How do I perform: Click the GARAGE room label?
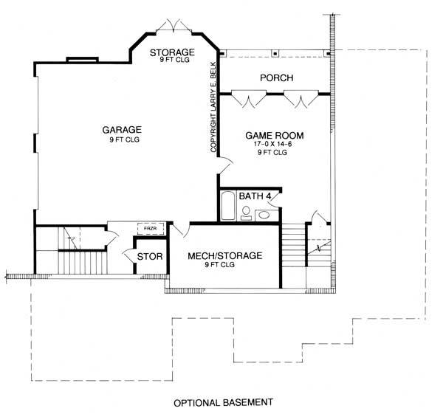click(122, 128)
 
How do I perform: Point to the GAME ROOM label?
click(274, 136)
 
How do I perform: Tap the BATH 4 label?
click(256, 196)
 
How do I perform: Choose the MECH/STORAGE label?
click(224, 255)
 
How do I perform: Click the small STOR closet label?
click(150, 256)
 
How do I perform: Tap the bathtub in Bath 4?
click(228, 205)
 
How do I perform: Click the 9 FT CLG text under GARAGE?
click(122, 139)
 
